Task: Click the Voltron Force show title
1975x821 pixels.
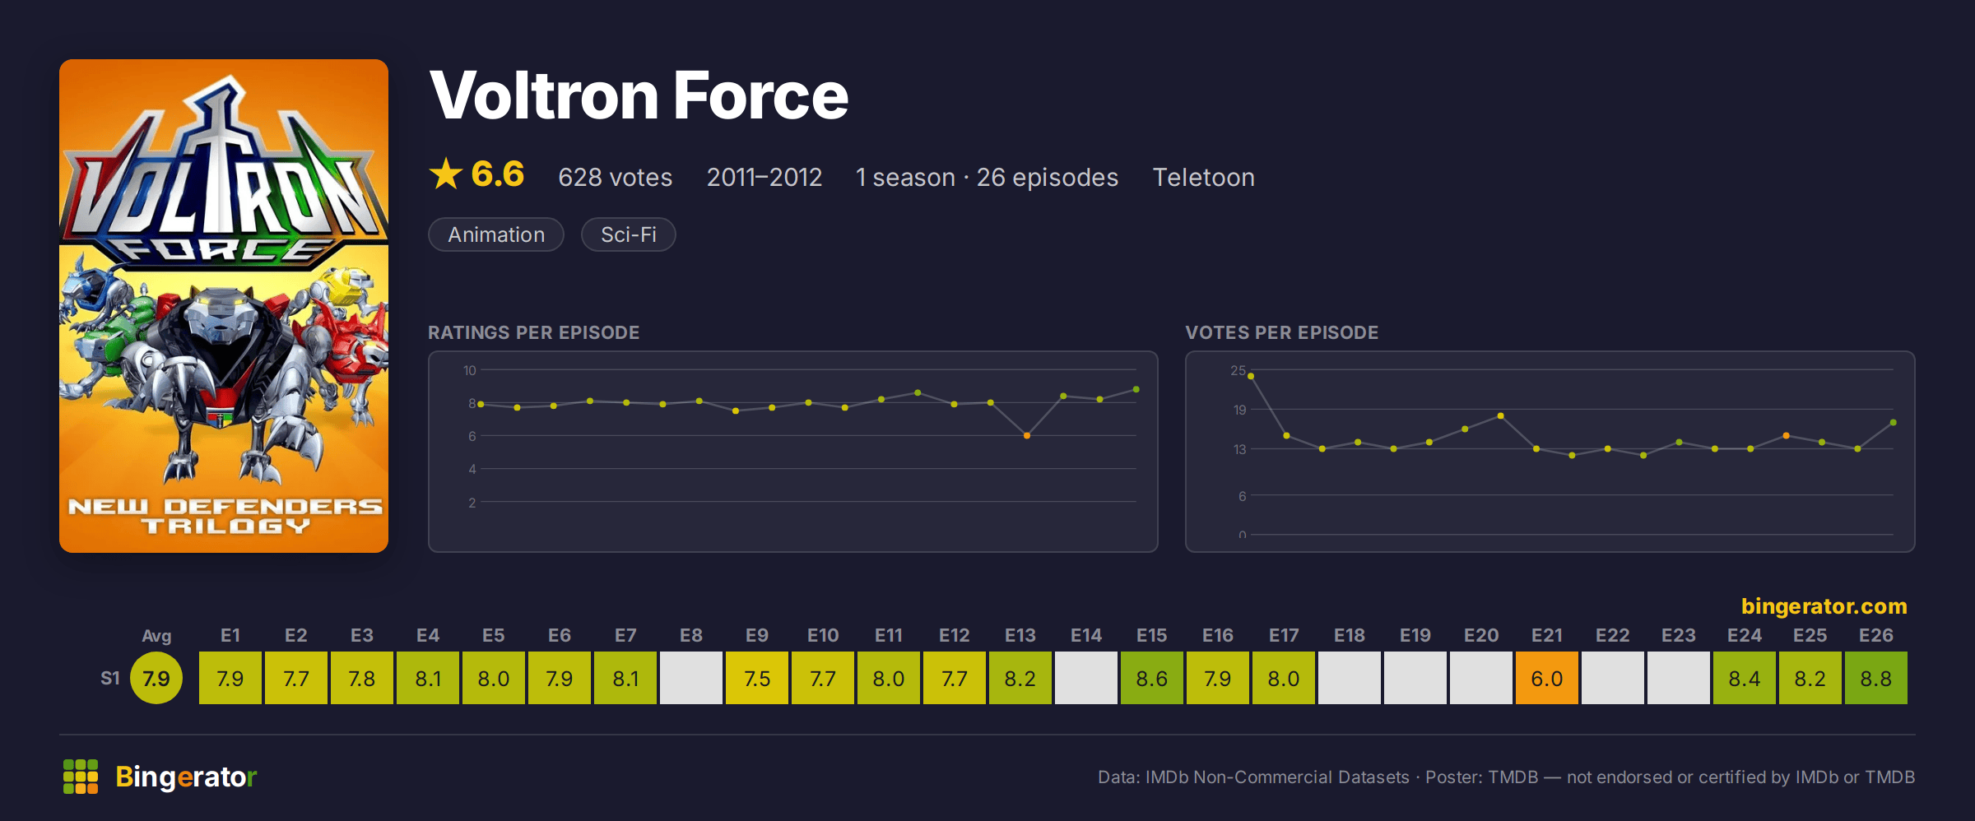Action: coord(639,95)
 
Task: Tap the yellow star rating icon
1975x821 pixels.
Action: coord(446,174)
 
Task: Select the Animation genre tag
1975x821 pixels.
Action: coord(496,234)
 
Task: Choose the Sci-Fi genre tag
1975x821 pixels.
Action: coord(629,234)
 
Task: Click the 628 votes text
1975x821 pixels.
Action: coord(615,177)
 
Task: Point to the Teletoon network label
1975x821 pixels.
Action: coord(1203,177)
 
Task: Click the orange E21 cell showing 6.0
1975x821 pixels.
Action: coord(1547,678)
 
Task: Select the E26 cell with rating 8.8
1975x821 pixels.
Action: coord(1876,678)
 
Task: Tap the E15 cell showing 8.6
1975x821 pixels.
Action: coord(1152,678)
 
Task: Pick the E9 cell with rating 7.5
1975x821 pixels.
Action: coord(757,678)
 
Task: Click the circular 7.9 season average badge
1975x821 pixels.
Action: coord(156,678)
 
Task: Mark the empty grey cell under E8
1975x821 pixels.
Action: coord(691,678)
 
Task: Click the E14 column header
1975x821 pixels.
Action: coord(1086,635)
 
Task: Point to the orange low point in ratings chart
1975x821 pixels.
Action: coord(1027,435)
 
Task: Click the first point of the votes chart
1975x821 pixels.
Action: coord(1251,376)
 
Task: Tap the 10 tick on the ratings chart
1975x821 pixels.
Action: coord(469,370)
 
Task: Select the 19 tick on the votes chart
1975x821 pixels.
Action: coord(1239,410)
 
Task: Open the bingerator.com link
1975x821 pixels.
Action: coord(1824,606)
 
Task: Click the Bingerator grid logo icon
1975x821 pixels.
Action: coord(81,777)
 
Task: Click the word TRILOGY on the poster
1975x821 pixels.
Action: coord(225,526)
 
